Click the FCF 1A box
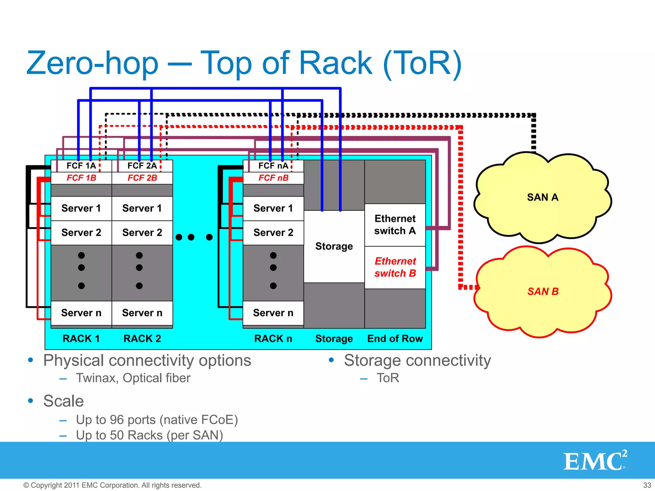pyautogui.click(x=81, y=166)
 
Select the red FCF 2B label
pyautogui.click(x=142, y=178)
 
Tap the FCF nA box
pyautogui.click(x=273, y=166)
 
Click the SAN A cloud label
pyautogui.click(x=542, y=197)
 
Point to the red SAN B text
pyautogui.click(x=543, y=291)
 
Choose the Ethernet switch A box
pyautogui.click(x=395, y=225)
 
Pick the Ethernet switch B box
pyautogui.click(x=395, y=267)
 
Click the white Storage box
pyautogui.click(x=334, y=246)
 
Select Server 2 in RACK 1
pyautogui.click(x=81, y=232)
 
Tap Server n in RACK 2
pyautogui.click(x=142, y=313)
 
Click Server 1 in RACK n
pyautogui.click(x=273, y=208)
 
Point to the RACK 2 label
pyautogui.click(x=142, y=339)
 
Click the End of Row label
pyautogui.click(x=395, y=339)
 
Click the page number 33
pyautogui.click(x=647, y=485)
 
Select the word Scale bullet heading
pyautogui.click(x=63, y=401)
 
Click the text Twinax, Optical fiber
pyautogui.click(x=133, y=378)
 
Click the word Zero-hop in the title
pyautogui.click(x=92, y=63)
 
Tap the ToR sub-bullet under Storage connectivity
pyautogui.click(x=388, y=378)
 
